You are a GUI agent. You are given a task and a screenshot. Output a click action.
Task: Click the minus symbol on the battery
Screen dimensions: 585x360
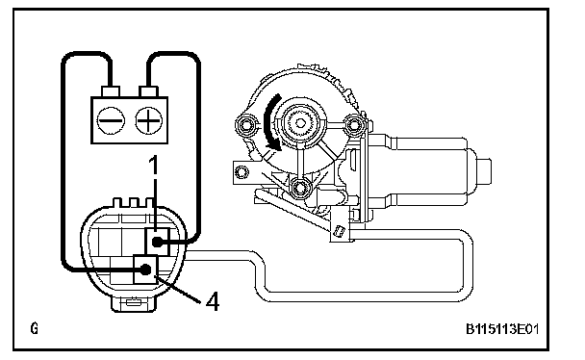pos(111,120)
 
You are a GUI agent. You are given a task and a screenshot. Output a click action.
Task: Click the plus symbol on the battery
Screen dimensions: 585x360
pos(148,120)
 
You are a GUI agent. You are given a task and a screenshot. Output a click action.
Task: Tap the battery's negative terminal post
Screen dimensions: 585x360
pos(111,91)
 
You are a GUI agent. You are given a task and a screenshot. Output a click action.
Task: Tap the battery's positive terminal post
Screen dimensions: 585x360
pos(148,91)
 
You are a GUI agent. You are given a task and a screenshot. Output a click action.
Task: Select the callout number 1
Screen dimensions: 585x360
pos(153,165)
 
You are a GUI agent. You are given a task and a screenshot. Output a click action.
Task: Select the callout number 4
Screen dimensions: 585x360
pos(213,301)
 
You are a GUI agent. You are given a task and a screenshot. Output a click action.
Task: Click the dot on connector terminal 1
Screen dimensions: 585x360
pos(157,243)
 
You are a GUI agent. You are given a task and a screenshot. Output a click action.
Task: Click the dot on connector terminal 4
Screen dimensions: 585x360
pos(145,269)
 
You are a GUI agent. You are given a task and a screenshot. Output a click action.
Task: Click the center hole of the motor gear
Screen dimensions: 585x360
pos(300,123)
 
